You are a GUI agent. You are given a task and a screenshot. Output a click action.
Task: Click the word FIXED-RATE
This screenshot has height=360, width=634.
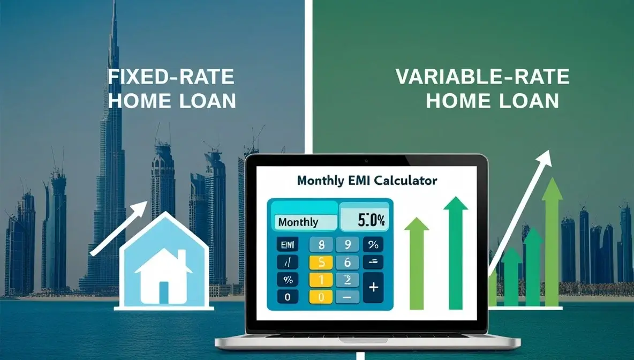pyautogui.click(x=171, y=77)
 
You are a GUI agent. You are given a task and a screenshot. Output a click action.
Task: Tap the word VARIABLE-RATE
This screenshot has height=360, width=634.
pyautogui.click(x=482, y=77)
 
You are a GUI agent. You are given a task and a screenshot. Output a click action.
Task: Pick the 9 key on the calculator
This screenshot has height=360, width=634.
pyautogui.click(x=347, y=245)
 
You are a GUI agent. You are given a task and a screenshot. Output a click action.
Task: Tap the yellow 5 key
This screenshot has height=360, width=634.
pyautogui.click(x=321, y=262)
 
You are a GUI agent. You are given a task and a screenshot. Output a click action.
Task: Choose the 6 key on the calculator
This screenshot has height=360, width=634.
pyautogui.click(x=347, y=262)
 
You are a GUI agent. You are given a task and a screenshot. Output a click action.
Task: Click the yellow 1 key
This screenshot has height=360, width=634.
pyautogui.click(x=321, y=279)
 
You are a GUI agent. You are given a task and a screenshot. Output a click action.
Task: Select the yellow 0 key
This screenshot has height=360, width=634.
pyautogui.click(x=321, y=296)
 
